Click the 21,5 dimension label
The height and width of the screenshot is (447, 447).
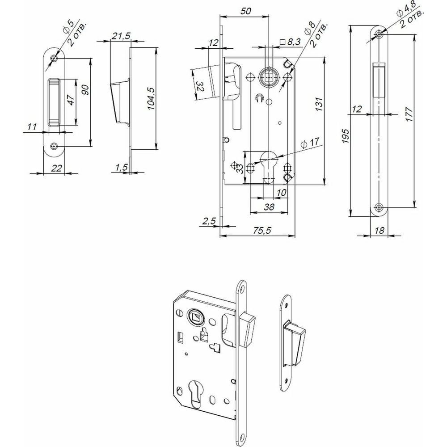point(118,36)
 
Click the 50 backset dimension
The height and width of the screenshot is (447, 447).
point(245,12)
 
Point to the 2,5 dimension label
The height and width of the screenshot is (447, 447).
point(209,220)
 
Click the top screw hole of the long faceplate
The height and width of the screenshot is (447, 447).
point(379,34)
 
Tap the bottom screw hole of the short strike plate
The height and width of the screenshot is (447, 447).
point(54,146)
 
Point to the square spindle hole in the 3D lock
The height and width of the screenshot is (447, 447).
point(195,317)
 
